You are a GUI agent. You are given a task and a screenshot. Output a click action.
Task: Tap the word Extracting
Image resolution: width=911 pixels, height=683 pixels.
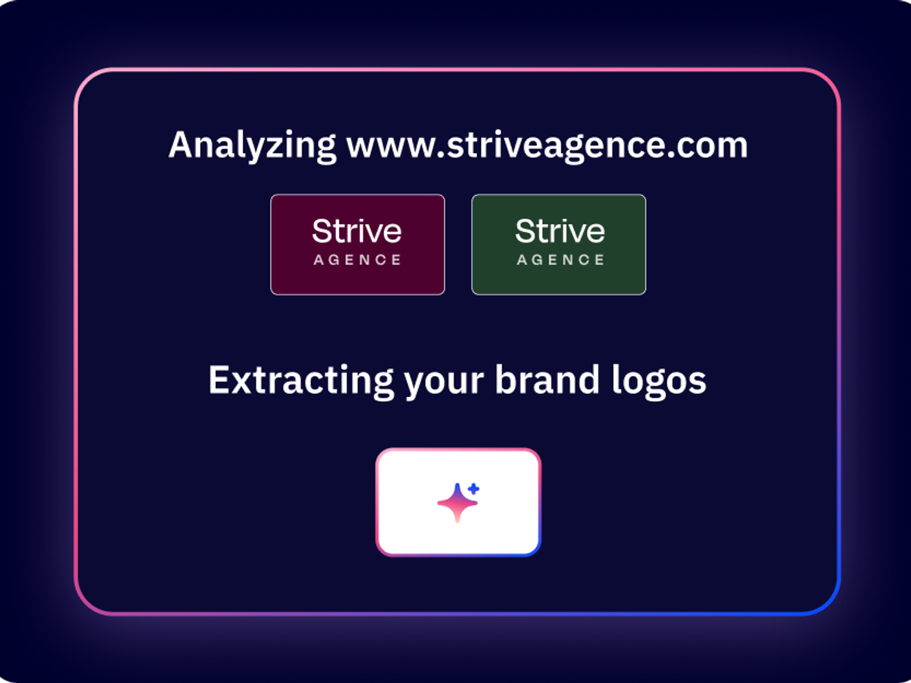(301, 381)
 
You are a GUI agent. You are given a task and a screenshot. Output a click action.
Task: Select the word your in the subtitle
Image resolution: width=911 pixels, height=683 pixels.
(444, 384)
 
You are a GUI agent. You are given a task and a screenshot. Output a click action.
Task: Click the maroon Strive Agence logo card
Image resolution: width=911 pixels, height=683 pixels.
(358, 245)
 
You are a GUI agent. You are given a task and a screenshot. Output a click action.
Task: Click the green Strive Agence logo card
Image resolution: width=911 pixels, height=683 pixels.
(559, 245)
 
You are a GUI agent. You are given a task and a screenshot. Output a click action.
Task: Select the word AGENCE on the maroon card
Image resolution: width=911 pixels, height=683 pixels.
(358, 260)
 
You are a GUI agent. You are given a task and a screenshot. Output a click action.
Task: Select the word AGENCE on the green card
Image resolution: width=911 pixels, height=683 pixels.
(561, 260)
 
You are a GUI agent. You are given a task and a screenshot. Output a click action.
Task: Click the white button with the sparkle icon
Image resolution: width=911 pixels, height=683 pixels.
(458, 502)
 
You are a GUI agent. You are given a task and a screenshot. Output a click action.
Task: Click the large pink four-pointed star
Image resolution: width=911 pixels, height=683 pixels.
(457, 503)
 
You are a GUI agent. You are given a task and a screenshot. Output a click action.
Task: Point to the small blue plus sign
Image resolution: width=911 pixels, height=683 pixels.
(474, 489)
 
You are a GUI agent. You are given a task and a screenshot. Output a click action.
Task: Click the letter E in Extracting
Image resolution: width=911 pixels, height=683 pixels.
(219, 380)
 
